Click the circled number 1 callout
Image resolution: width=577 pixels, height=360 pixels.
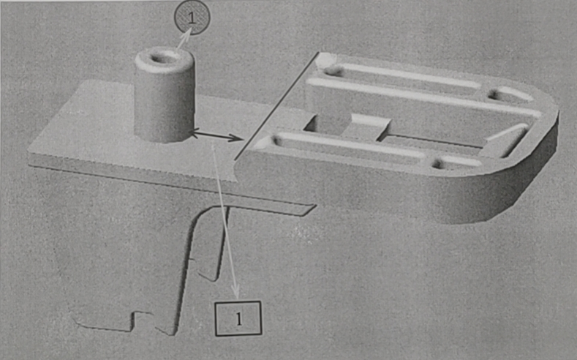pos(192,18)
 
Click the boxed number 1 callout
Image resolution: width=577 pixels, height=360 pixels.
pos(238,318)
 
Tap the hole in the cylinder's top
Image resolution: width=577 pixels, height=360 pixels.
pos(162,58)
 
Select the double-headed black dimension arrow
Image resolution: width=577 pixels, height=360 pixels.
pos(216,136)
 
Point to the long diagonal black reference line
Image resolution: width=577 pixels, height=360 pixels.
pos(276,106)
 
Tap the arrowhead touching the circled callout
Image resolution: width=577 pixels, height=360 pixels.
pos(188,34)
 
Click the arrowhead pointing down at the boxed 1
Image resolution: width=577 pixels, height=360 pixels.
pos(237,293)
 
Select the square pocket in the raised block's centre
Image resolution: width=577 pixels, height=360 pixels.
pos(328,124)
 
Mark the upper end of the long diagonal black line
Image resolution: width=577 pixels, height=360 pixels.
pos(319,53)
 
